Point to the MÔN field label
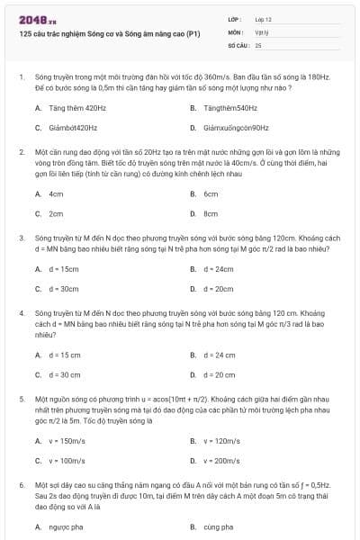click(235, 31)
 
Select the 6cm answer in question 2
click(211, 194)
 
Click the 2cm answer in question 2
click(56, 214)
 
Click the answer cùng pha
click(218, 526)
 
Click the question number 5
click(22, 397)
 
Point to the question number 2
click(22, 152)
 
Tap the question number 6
click(22, 484)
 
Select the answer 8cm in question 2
click(211, 214)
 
